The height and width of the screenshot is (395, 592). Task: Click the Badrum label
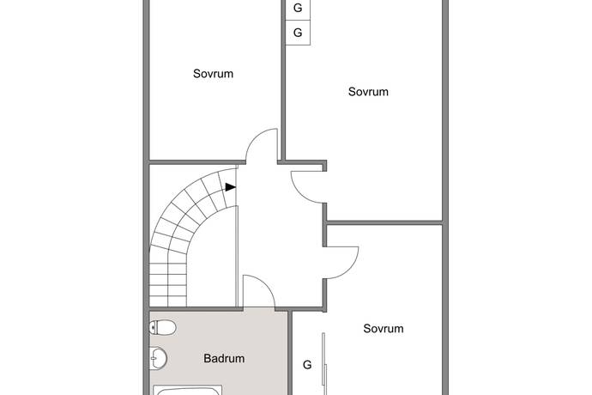[224, 358]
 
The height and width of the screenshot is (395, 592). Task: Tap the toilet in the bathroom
[163, 327]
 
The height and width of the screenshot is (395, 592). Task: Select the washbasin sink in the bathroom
[158, 358]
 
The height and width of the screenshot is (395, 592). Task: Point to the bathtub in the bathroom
[188, 390]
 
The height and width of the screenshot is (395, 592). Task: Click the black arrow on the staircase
[231, 186]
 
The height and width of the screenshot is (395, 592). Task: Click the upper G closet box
[298, 8]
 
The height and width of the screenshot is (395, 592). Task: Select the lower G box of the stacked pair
[298, 33]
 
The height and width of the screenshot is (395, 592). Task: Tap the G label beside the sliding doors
[307, 365]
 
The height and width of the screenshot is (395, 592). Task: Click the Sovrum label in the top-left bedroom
[213, 73]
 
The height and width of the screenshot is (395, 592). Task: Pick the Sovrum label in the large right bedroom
[368, 92]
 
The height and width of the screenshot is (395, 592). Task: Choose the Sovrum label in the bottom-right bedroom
[384, 329]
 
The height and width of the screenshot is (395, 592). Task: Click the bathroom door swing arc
[267, 284]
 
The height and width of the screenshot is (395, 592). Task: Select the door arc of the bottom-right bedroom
[349, 270]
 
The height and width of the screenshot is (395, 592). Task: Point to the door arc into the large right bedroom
[300, 194]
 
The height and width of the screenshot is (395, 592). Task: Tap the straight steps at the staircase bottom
[168, 284]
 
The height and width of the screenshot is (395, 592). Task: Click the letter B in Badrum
[207, 358]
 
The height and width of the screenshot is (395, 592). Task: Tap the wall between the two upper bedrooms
[283, 80]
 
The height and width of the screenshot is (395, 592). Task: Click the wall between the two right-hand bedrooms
[384, 222]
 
